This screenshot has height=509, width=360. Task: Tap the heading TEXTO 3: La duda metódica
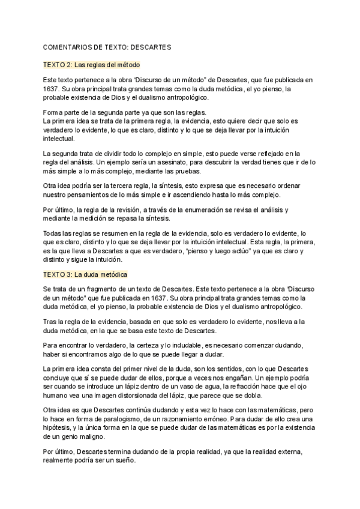pyautogui.click(x=85, y=274)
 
